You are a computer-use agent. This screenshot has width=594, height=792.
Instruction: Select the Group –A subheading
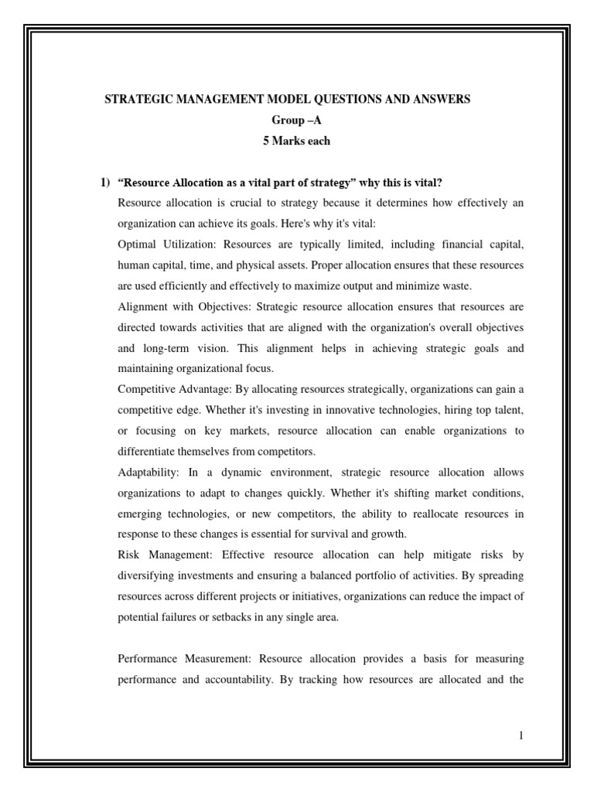point(296,121)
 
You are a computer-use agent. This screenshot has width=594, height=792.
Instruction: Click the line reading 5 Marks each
point(296,141)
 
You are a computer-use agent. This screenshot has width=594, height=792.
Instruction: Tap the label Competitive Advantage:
point(174,390)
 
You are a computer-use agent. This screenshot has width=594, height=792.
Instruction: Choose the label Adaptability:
point(148,473)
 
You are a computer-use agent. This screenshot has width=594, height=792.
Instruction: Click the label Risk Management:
point(166,557)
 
